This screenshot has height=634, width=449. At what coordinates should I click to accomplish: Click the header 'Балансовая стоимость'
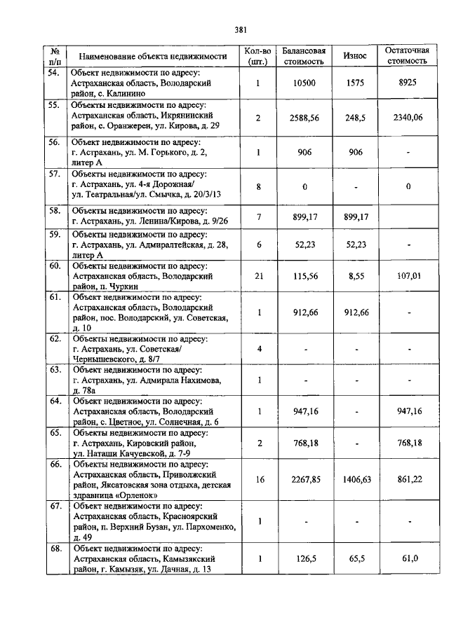click(x=304, y=55)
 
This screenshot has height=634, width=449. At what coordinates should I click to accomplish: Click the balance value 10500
click(x=304, y=83)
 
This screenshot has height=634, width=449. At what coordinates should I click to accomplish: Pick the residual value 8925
click(x=407, y=83)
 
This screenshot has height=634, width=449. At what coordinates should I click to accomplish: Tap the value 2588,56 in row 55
click(x=304, y=118)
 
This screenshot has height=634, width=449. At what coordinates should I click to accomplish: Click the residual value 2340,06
click(x=407, y=118)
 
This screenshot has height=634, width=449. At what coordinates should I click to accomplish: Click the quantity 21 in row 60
click(x=258, y=276)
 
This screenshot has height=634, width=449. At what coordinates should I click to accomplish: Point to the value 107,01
click(x=407, y=276)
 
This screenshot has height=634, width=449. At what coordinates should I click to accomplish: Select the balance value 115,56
click(x=304, y=276)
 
